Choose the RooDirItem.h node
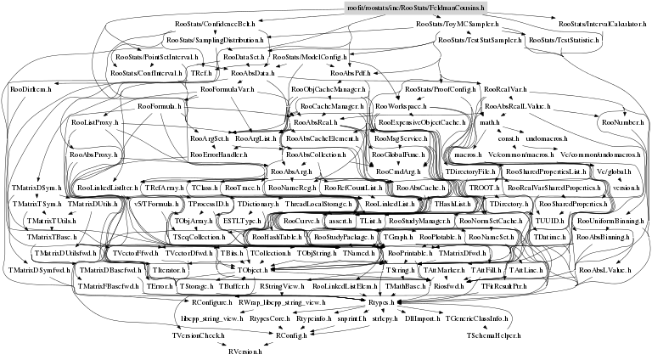[x=31, y=87]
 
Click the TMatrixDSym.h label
[x=34, y=187]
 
